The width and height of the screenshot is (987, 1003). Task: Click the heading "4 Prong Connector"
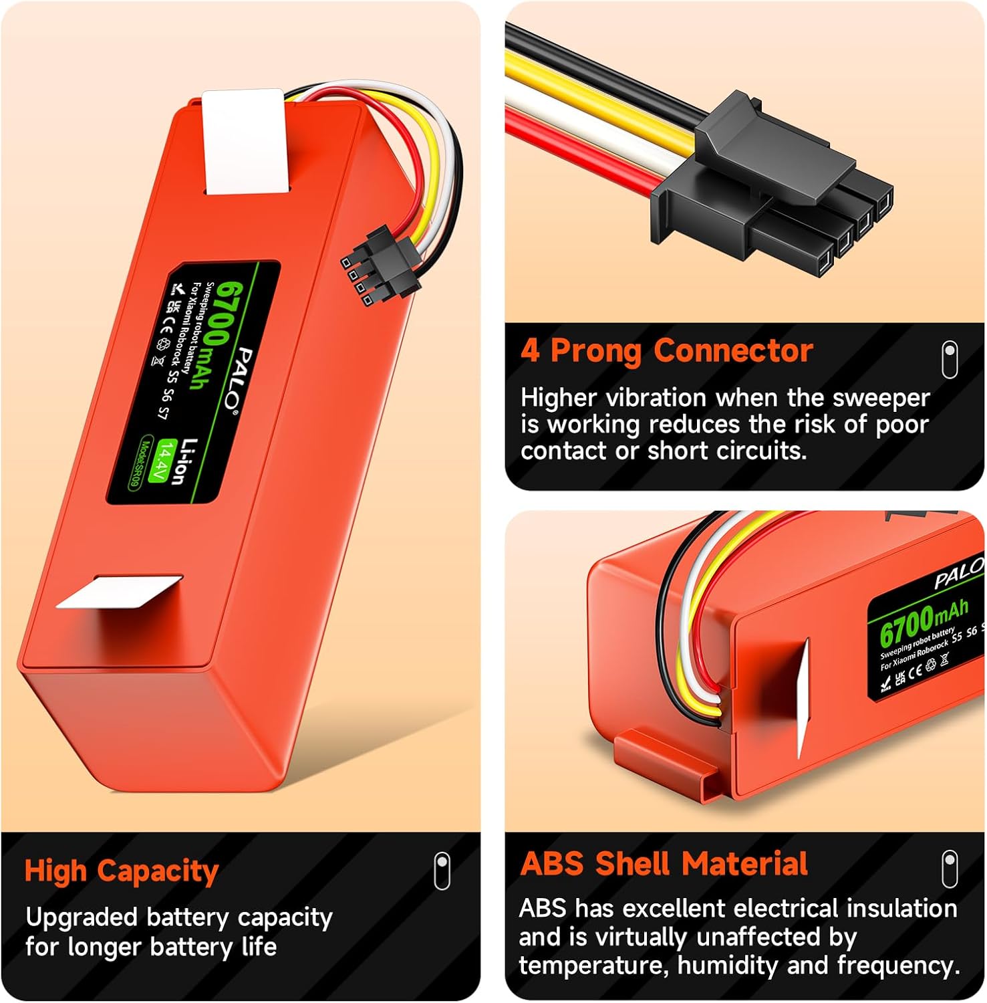(x=666, y=351)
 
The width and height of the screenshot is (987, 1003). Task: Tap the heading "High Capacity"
(x=122, y=871)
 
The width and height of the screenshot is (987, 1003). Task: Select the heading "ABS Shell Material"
(x=664, y=863)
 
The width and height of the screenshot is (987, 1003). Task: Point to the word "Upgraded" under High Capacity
(x=82, y=918)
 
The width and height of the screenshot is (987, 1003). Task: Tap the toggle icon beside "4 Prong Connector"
(x=950, y=359)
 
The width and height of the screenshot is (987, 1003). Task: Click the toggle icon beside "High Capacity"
(x=442, y=870)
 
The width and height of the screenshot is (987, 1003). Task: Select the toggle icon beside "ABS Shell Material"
(x=950, y=869)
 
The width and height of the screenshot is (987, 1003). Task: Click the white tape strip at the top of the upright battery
(x=247, y=142)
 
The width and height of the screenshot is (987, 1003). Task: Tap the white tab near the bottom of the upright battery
(x=120, y=592)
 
